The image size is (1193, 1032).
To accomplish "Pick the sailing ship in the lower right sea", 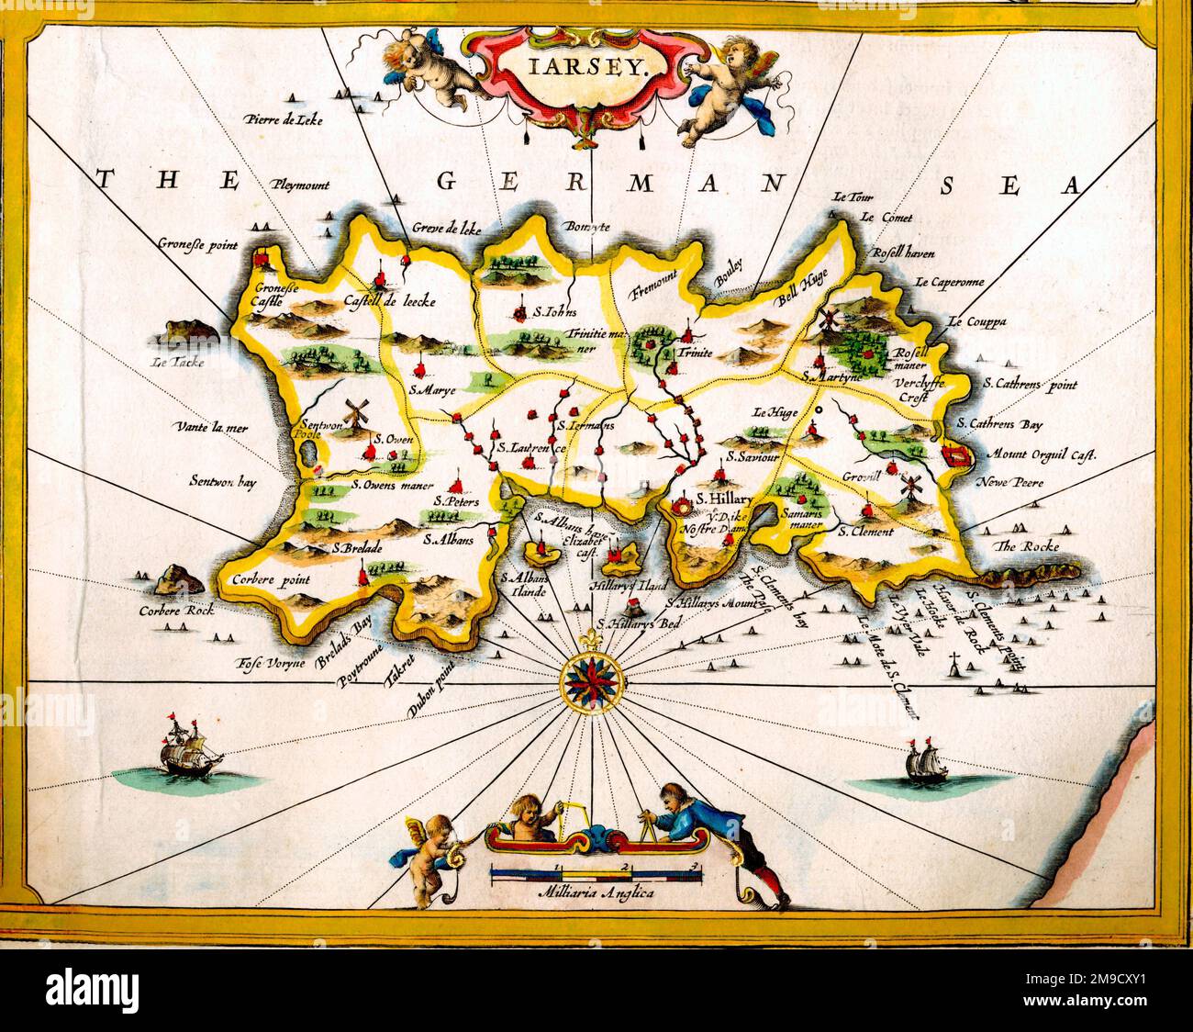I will coord(920,759).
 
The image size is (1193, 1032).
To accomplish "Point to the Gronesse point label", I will coord(197,245).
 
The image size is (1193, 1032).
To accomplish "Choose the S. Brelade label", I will coord(357,549).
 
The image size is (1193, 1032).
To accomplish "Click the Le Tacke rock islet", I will coord(188,331).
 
